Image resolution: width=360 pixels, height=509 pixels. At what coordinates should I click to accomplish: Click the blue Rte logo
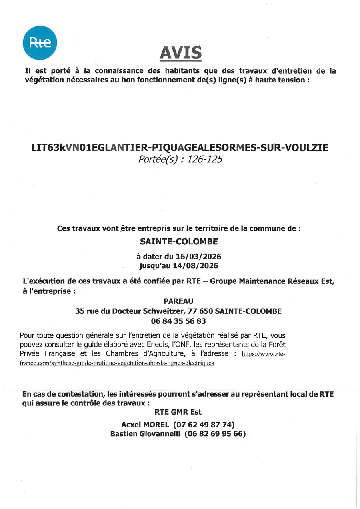pos(40,43)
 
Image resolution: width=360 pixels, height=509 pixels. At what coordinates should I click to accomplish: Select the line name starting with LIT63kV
pos(180,148)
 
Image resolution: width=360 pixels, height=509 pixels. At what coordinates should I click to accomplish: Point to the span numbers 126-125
pos(205,159)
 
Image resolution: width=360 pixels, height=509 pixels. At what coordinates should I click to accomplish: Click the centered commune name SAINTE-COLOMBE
pos(179,242)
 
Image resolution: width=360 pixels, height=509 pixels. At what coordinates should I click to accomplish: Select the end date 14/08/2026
pos(198,265)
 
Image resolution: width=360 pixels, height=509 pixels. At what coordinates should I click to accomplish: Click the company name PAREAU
pos(178,301)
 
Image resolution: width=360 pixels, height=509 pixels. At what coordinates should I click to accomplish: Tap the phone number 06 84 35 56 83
pos(178,321)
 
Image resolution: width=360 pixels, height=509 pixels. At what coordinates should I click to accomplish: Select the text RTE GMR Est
pos(178,412)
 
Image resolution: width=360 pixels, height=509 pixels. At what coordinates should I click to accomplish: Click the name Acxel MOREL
pos(145,424)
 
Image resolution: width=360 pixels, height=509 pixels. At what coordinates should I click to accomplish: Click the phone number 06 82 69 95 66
pos(215,434)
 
